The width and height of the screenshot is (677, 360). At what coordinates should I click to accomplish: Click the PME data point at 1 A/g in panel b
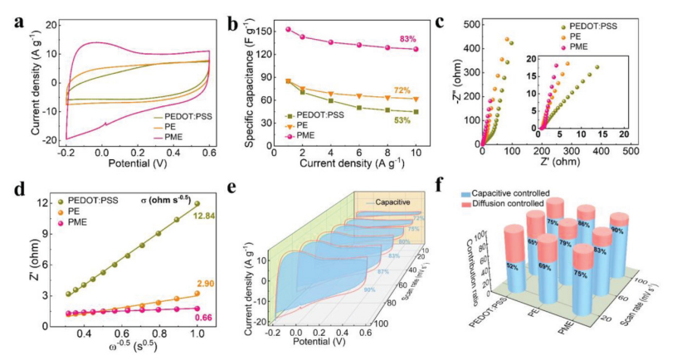point(288,29)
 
